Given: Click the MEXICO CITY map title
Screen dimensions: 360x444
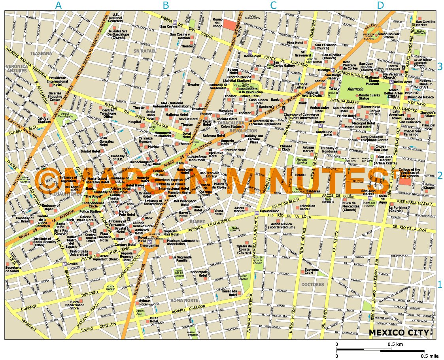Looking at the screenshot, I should tap(399, 332).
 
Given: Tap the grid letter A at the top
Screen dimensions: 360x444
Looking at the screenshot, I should tap(59, 6).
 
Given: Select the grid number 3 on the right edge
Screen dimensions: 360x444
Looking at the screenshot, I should tap(440, 67).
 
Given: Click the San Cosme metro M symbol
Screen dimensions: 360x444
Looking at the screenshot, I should tap(176, 22).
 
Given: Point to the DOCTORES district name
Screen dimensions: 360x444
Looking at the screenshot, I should tap(312, 285).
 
